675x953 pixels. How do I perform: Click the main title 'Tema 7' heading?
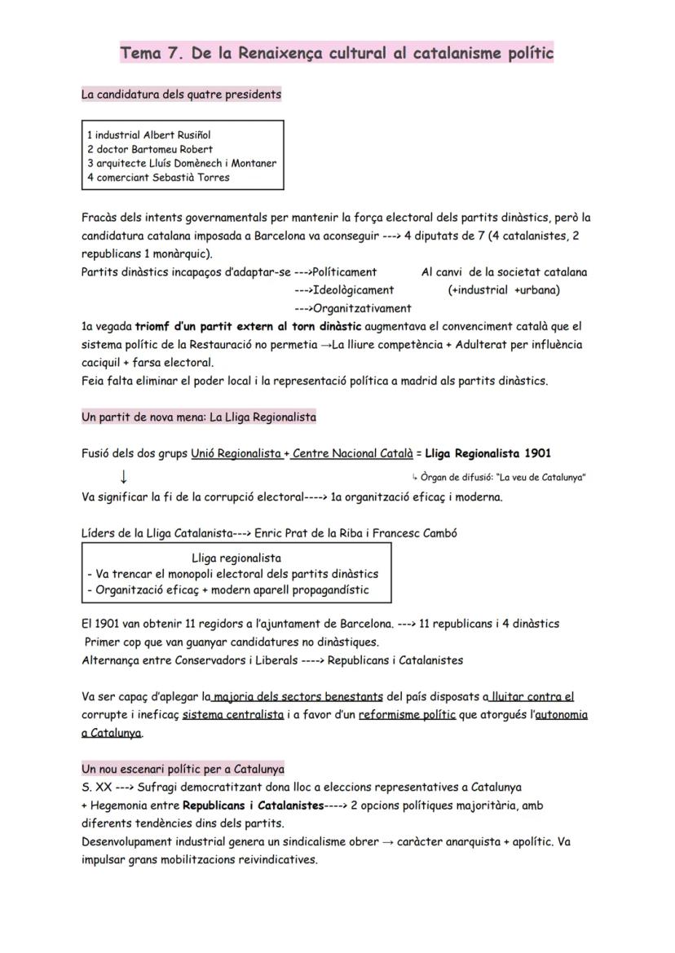click(x=337, y=54)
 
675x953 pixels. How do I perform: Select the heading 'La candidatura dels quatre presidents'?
click(x=181, y=95)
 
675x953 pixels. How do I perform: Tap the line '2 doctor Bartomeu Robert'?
click(x=150, y=149)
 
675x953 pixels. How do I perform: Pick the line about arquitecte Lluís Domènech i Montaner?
click(x=181, y=163)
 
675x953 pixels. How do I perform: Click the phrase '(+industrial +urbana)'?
click(x=504, y=289)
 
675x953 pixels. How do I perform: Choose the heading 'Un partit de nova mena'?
click(x=199, y=417)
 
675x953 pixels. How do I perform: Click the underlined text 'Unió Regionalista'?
click(x=236, y=453)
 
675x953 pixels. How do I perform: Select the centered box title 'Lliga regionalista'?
click(x=236, y=558)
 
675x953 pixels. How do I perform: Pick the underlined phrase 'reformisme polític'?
click(x=406, y=715)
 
